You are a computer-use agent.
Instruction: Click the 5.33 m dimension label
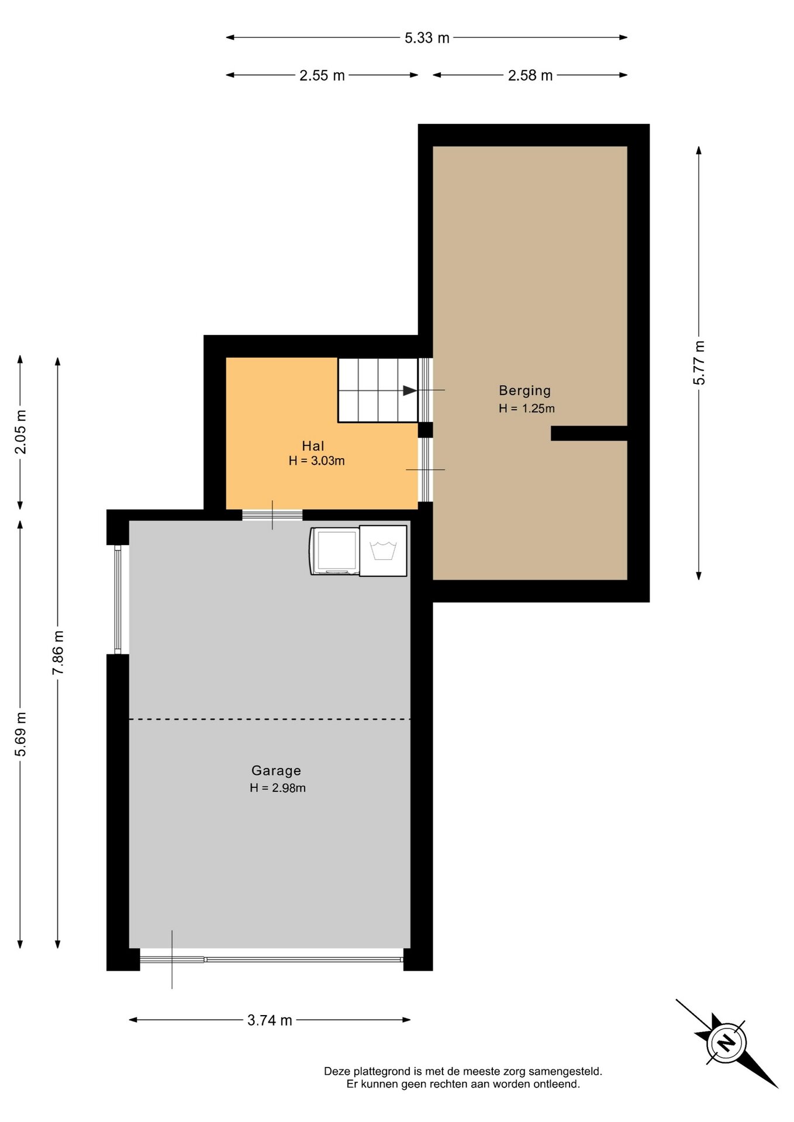(427, 38)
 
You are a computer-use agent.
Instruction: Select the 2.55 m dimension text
(322, 75)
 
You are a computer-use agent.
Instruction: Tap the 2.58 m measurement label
(530, 75)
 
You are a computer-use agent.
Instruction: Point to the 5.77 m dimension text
(699, 362)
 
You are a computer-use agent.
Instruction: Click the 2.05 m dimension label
(20, 432)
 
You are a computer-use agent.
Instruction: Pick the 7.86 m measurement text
(58, 653)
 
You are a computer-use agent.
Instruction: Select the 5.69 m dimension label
(20, 734)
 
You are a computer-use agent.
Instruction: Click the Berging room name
(524, 391)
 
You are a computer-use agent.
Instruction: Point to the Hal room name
(313, 446)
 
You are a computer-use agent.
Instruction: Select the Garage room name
(276, 771)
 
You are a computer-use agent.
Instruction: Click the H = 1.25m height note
(526, 408)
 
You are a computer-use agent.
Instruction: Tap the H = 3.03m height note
(316, 460)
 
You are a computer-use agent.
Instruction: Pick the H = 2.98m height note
(278, 788)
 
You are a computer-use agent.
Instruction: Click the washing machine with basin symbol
(383, 551)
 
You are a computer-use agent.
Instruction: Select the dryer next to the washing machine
(335, 551)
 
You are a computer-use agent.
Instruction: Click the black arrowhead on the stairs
(410, 390)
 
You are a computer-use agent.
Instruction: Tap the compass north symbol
(726, 1043)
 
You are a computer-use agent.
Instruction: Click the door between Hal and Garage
(272, 515)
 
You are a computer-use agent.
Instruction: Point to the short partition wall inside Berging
(589, 433)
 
